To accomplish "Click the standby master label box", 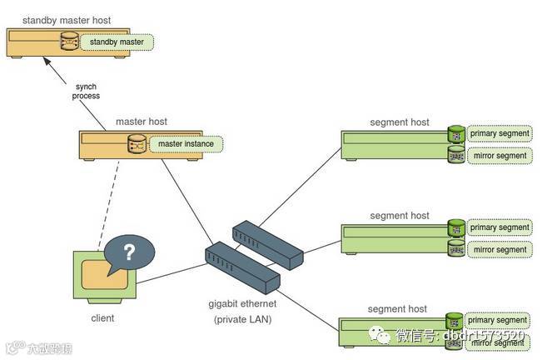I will click(117, 42).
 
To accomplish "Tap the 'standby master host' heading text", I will click(66, 19).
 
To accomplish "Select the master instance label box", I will click(186, 143).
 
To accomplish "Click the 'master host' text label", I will click(141, 122).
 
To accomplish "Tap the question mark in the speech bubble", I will click(129, 253).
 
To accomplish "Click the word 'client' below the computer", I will click(102, 318).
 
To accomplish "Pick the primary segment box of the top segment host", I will click(499, 133).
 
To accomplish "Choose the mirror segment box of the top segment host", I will click(499, 155).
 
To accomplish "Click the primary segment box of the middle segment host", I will click(499, 227).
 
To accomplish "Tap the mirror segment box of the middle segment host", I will click(499, 249).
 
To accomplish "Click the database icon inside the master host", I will click(137, 144).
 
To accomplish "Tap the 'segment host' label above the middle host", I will click(400, 216).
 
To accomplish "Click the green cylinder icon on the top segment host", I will click(455, 133).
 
